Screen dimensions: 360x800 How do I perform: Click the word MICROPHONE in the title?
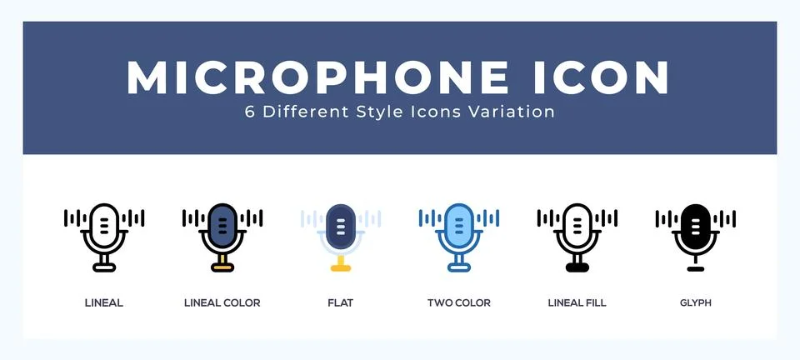317,77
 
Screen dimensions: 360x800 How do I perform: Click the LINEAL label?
104,302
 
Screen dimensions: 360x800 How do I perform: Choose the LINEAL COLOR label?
222,302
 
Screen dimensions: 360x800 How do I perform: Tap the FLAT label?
341,302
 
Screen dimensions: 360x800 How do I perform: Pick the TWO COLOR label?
459,302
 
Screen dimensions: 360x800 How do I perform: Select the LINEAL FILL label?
577,302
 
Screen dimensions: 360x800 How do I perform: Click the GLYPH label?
696,302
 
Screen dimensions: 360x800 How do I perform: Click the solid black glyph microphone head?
696,225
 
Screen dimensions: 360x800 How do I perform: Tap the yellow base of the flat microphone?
341,267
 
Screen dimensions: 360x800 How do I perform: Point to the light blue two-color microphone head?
459,225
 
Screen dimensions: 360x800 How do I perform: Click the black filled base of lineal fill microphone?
577,267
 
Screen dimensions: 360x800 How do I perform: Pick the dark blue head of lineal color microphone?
222,225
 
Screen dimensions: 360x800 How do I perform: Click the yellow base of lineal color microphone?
222,267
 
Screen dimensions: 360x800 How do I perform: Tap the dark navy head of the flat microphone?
341,225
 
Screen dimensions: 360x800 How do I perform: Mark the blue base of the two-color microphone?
459,267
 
